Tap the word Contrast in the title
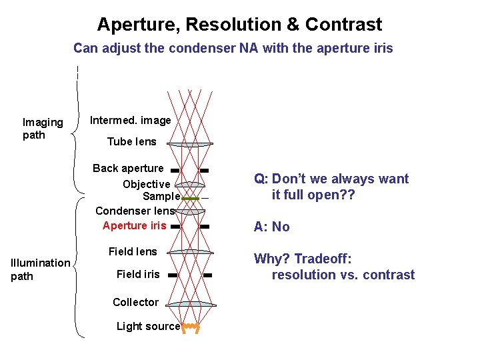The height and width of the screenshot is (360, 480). coord(343,25)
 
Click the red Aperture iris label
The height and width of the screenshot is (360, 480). coord(135,225)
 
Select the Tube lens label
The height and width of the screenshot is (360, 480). coord(132,141)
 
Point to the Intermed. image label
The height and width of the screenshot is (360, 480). coord(131,121)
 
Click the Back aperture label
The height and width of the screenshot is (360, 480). coord(128,168)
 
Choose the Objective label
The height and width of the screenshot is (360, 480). coord(147,184)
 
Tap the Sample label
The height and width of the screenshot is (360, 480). coord(161,197)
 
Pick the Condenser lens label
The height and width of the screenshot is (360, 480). coord(136,211)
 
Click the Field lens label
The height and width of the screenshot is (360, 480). coord(133,251)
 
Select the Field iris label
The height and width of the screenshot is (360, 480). coord(138,274)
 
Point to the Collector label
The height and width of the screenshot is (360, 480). coord(135,302)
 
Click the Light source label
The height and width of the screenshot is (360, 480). coord(148,326)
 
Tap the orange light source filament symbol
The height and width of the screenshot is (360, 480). coord(191,327)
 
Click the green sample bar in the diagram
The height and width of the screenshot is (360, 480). coord(191,199)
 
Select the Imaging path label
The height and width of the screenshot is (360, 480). coord(43,129)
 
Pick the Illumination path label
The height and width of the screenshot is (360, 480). coord(41,269)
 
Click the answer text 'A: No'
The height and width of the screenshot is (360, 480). coord(271,227)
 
